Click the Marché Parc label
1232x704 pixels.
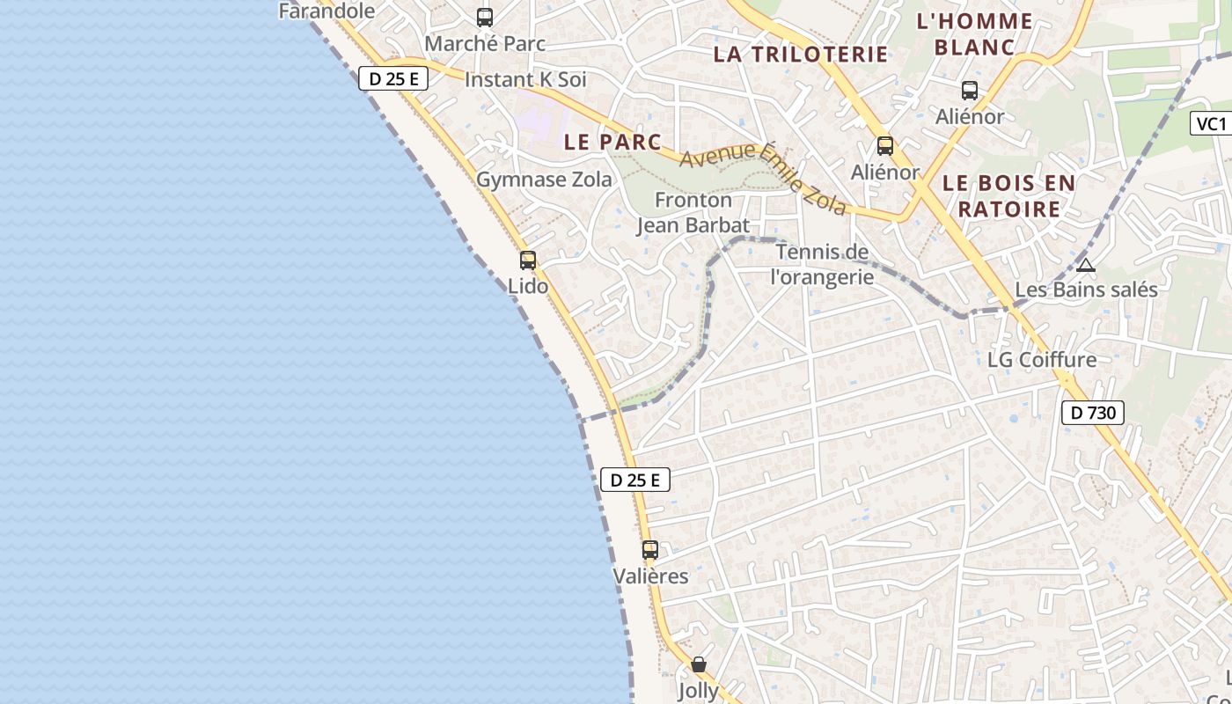click(x=485, y=43)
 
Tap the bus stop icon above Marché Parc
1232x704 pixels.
click(x=485, y=17)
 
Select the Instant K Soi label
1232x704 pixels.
click(x=524, y=79)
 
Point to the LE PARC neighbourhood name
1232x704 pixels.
click(x=612, y=141)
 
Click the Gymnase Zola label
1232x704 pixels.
click(x=544, y=180)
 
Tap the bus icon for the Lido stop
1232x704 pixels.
click(x=528, y=260)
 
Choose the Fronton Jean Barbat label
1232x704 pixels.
click(x=693, y=212)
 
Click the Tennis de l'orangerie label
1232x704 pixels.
click(x=823, y=264)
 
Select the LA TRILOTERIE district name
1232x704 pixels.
click(x=801, y=54)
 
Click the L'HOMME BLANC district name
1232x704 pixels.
click(x=974, y=33)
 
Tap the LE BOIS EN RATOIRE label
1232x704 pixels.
click(x=1008, y=195)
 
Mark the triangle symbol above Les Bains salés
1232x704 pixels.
click(x=1086, y=265)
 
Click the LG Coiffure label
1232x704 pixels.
click(x=1042, y=359)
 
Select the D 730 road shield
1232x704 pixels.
click(x=1093, y=412)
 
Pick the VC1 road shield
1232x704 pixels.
click(x=1212, y=123)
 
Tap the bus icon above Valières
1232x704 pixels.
click(x=650, y=550)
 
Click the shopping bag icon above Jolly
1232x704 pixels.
click(x=699, y=664)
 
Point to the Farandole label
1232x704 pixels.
click(x=326, y=11)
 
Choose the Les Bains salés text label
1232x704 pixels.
click(x=1086, y=289)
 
